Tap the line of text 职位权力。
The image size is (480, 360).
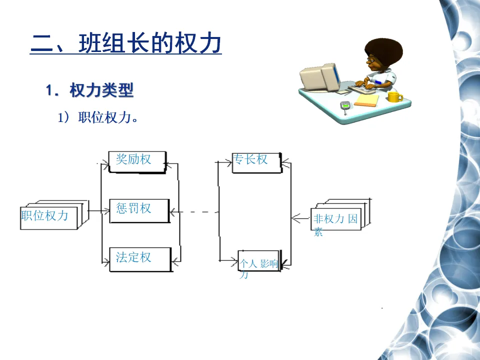[x=98, y=117]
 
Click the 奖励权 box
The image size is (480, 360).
[x=136, y=161]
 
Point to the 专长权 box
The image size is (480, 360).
[x=256, y=162]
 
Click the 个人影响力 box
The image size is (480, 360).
[x=259, y=260]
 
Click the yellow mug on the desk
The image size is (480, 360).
[x=395, y=96]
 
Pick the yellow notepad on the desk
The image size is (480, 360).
[x=366, y=101]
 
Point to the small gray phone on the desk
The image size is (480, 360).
[x=344, y=106]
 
